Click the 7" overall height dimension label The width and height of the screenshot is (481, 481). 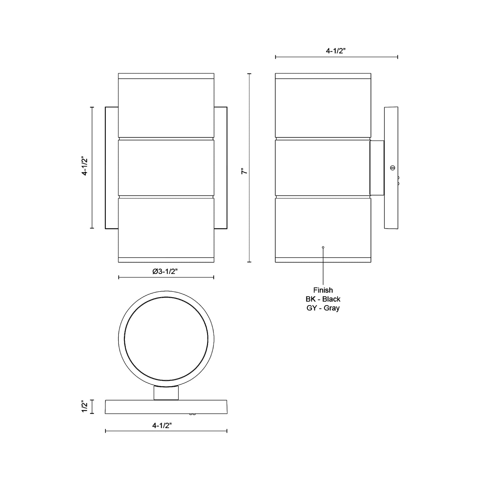[x=244, y=171]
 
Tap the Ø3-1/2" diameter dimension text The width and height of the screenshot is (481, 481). [x=165, y=271]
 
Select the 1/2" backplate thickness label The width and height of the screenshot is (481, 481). [x=85, y=407]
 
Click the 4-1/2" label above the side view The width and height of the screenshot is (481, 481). [x=336, y=51]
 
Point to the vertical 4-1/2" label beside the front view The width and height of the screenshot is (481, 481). [x=85, y=166]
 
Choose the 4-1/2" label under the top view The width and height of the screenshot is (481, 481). [x=162, y=426]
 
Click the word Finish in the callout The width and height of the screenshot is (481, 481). [x=323, y=290]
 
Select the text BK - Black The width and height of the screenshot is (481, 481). [x=323, y=299]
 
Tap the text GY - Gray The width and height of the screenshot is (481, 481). [x=323, y=308]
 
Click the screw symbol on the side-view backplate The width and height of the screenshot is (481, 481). [x=392, y=168]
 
